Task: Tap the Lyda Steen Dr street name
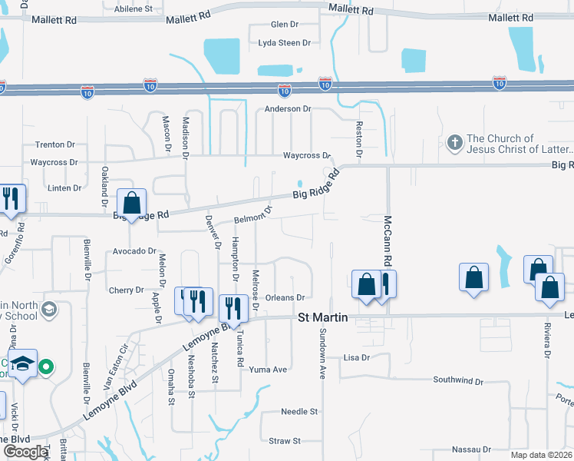284,43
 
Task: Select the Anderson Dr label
288,109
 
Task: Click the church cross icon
454,142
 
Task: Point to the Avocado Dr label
134,251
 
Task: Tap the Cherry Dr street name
127,290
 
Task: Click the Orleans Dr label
285,297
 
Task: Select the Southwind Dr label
457,380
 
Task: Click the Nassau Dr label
471,449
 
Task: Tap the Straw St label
285,441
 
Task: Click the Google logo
25,452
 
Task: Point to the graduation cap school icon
24,363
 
